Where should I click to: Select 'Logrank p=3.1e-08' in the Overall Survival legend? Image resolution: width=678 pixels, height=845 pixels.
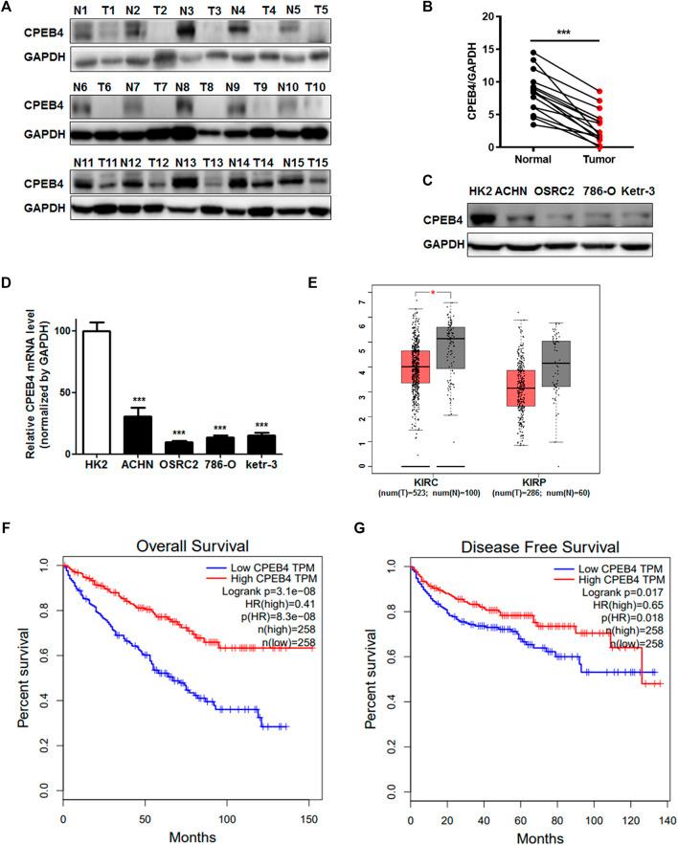click(x=265, y=594)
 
